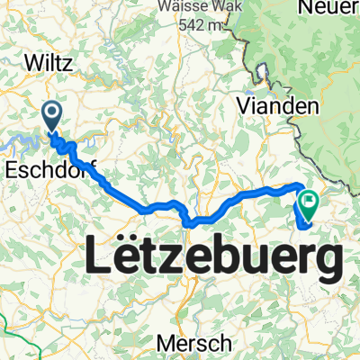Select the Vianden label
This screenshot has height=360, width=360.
(x=278, y=106)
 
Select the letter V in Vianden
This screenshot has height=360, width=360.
(x=244, y=106)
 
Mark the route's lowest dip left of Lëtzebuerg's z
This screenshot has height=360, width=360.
(x=187, y=222)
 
